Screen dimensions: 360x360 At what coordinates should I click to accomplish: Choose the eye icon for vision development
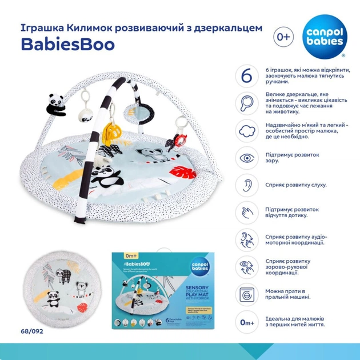click(247, 158)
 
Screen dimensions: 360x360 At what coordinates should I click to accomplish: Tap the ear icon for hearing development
click(247, 185)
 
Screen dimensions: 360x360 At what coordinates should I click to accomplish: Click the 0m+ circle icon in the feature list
click(247, 322)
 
